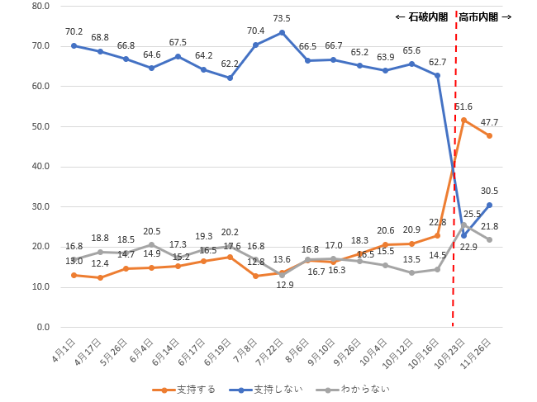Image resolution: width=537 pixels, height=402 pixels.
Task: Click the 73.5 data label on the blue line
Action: coord(283,17)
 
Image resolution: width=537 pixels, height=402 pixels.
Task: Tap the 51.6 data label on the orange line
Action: coord(463,106)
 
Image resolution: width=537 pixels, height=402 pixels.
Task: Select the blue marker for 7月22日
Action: coord(283,32)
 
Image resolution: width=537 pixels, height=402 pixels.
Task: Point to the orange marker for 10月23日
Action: coord(463,121)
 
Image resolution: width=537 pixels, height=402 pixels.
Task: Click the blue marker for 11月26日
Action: coord(490,205)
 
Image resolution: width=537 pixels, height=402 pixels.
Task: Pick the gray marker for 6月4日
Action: coord(152,244)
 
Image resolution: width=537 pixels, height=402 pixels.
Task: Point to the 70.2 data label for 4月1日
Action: coord(74,33)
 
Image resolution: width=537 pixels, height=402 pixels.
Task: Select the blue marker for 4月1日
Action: coord(74,45)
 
